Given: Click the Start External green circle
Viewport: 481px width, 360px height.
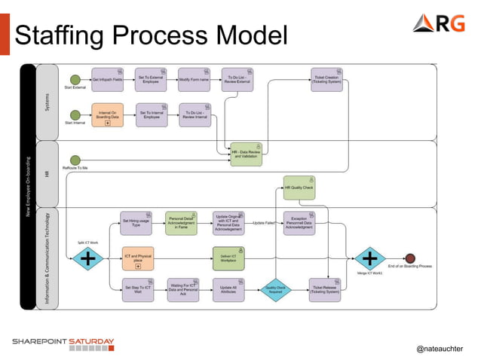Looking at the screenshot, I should click(x=75, y=79).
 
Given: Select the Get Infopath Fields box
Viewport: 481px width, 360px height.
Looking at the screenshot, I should click(x=107, y=79).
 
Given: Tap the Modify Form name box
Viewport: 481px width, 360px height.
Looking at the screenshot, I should click(x=194, y=79).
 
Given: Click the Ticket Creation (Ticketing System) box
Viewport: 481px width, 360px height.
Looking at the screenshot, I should click(x=326, y=79).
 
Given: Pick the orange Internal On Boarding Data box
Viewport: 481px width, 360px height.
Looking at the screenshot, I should click(x=107, y=114).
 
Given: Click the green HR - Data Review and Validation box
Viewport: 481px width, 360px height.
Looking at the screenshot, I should click(x=246, y=154).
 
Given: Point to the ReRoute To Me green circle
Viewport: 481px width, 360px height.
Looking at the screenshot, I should click(x=75, y=159).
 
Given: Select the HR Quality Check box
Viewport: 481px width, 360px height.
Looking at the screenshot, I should click(x=299, y=188).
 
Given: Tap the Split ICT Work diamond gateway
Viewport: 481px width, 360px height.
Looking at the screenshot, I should click(x=88, y=259).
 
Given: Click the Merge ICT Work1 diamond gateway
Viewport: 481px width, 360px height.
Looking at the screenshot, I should click(x=369, y=259).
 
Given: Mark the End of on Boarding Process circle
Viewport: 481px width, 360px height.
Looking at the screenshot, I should click(x=409, y=258).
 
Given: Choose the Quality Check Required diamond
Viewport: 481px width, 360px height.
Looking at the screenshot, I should click(x=275, y=288).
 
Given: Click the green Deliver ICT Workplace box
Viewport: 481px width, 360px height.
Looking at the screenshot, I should click(x=228, y=258).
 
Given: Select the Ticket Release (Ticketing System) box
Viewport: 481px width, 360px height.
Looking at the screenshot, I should click(x=326, y=289).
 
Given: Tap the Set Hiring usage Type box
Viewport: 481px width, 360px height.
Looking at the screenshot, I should click(x=136, y=223).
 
